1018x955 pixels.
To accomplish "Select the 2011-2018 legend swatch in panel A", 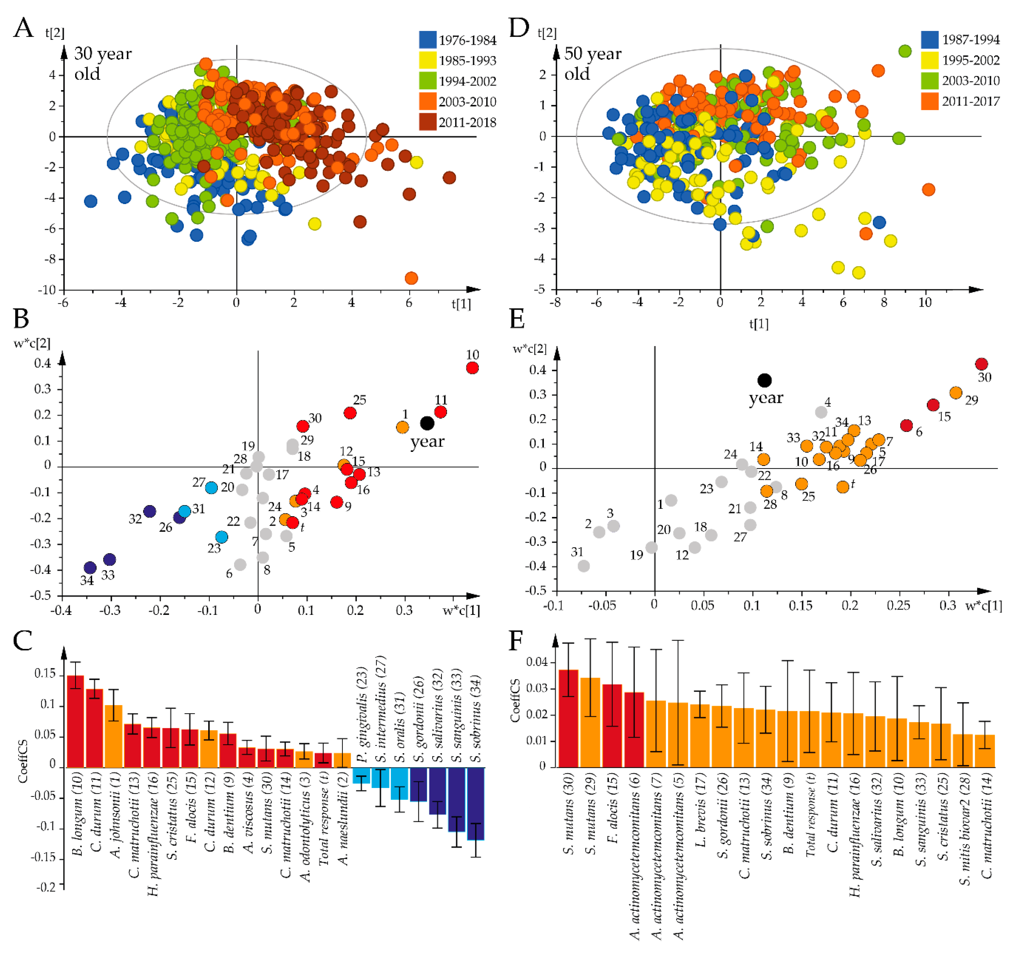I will click(x=427, y=122).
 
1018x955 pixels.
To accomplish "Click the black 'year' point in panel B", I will click(x=427, y=423).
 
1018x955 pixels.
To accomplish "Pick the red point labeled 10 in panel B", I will click(x=472, y=368).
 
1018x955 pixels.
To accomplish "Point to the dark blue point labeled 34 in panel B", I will click(x=90, y=567).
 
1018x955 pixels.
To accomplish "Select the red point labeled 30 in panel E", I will click(x=981, y=364).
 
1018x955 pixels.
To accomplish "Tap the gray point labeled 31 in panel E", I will click(x=583, y=566).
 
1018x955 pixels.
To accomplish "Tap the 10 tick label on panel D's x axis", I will click(x=925, y=303).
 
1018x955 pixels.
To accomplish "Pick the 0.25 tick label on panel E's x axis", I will click(x=898, y=605).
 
